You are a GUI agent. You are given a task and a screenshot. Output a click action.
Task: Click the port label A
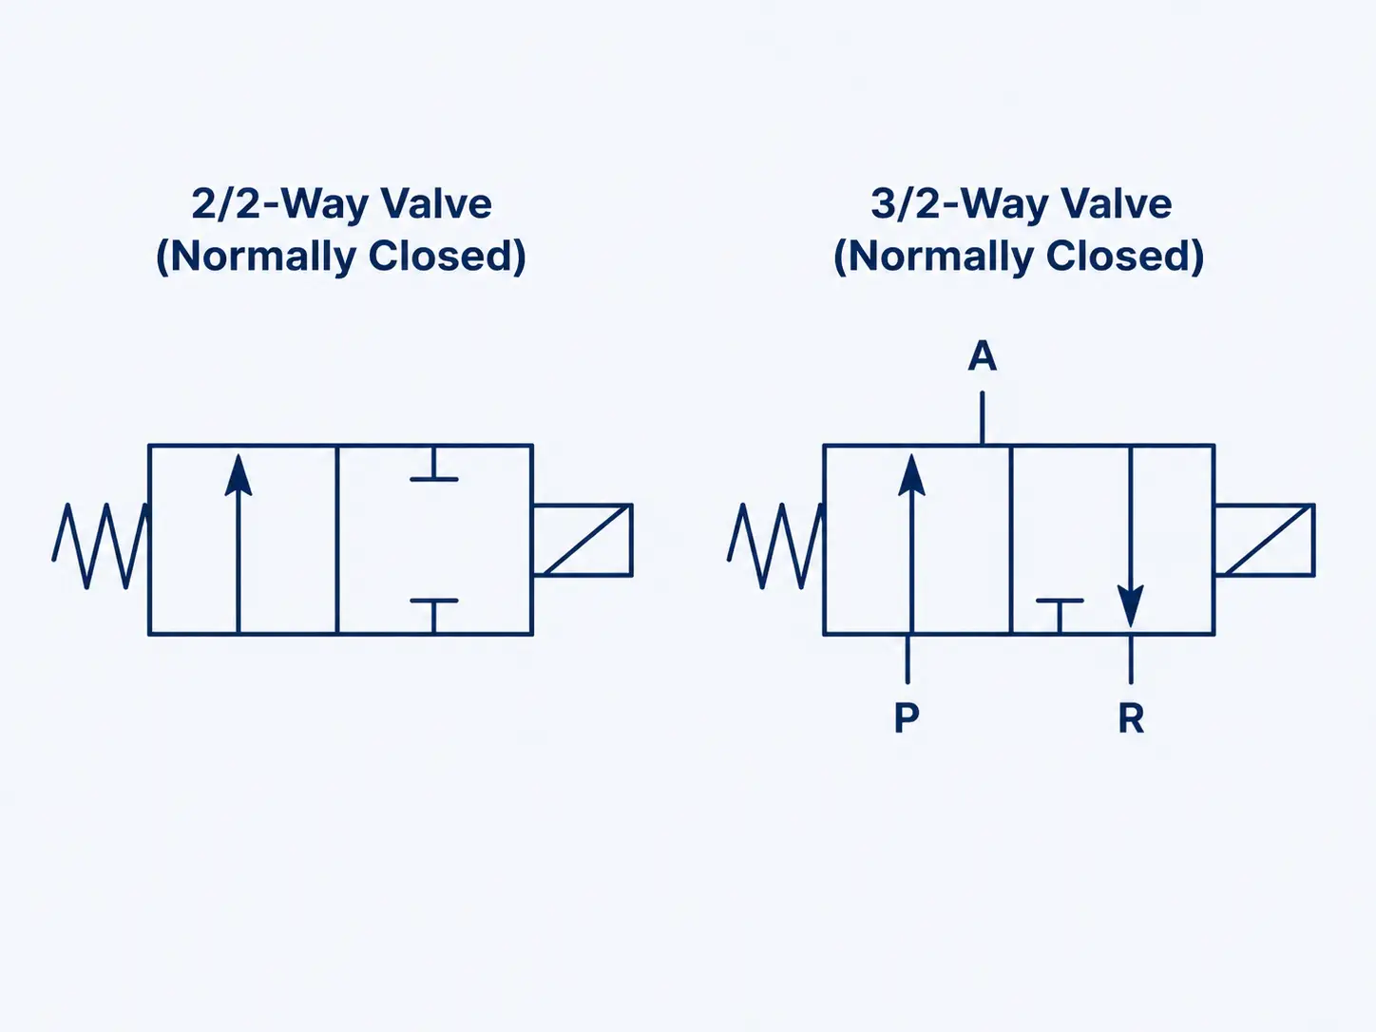tap(982, 357)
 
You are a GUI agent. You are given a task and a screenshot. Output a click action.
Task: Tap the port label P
tap(907, 717)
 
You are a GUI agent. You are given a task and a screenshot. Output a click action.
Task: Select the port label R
tap(1131, 719)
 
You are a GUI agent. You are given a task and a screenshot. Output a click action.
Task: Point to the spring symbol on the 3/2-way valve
tap(774, 545)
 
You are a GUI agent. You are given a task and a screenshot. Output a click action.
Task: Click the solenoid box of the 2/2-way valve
tap(583, 540)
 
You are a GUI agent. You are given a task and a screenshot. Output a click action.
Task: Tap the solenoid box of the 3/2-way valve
tap(1264, 540)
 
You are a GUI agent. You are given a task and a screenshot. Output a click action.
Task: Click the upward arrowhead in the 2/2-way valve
tap(239, 475)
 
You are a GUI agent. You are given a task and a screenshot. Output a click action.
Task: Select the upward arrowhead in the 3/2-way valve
tap(911, 475)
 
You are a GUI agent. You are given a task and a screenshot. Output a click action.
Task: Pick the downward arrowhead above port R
tap(1130, 605)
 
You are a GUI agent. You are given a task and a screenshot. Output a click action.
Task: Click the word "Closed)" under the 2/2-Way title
tap(447, 256)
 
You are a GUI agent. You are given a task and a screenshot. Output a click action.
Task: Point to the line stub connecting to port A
tap(982, 418)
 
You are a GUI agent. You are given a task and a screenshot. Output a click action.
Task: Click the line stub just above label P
tap(908, 659)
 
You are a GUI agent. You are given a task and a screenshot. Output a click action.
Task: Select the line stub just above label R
tap(1131, 659)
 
